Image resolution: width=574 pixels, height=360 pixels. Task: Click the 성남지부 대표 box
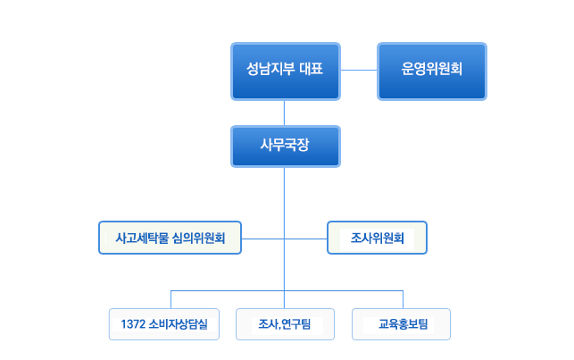286,71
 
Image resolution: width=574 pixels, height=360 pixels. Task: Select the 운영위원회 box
432,71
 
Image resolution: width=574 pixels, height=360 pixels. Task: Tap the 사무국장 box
286,147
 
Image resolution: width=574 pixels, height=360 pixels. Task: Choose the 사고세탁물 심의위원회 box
170,238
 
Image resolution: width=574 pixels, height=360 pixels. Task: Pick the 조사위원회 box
377,238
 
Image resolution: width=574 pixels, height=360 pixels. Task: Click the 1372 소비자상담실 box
164,324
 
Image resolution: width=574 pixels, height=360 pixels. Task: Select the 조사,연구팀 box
285,324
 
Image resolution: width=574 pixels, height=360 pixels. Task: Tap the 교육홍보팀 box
401,324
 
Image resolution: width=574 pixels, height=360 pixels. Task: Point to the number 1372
133,324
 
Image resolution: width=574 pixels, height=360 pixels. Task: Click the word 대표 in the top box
312,69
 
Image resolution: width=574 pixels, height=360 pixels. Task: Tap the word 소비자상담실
179,324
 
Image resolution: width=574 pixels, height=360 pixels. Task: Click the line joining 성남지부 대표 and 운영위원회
359,70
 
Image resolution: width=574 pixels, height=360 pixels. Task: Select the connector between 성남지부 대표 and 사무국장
285,113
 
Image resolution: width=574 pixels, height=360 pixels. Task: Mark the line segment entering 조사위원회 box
305,239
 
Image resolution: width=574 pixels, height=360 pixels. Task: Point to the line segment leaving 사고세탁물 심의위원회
262,239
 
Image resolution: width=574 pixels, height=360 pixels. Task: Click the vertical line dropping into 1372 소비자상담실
171,299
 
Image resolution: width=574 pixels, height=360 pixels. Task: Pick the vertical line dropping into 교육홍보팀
403,299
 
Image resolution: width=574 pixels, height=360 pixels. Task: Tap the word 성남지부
270,69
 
